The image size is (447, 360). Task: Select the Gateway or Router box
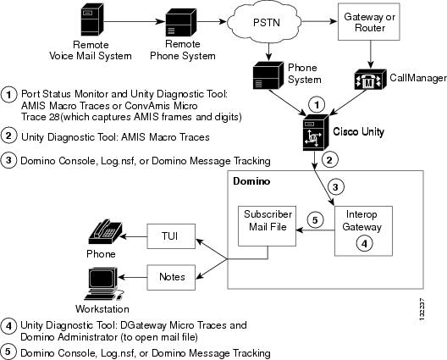[x=368, y=22]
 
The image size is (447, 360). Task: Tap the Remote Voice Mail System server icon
[x=91, y=19]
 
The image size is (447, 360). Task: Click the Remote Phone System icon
[x=180, y=22]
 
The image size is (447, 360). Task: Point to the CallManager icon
[x=370, y=80]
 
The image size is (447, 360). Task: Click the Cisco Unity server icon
[x=316, y=132]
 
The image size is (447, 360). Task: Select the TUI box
[x=171, y=236]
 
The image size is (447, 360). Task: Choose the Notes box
[x=171, y=277]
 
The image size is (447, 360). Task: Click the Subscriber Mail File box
[x=268, y=226]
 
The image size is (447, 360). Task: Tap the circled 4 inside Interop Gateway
[x=364, y=244]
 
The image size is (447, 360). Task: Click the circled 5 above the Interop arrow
[x=315, y=220]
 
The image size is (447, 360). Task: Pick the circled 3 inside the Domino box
[x=335, y=187]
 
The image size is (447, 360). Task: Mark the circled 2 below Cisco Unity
[x=330, y=159]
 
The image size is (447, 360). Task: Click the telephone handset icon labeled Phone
[x=106, y=232]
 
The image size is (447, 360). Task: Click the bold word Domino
[x=251, y=181]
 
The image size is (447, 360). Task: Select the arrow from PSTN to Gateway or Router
[x=319, y=21]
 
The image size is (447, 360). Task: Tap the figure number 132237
[x=422, y=310]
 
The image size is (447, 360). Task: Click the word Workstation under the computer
[x=102, y=309]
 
